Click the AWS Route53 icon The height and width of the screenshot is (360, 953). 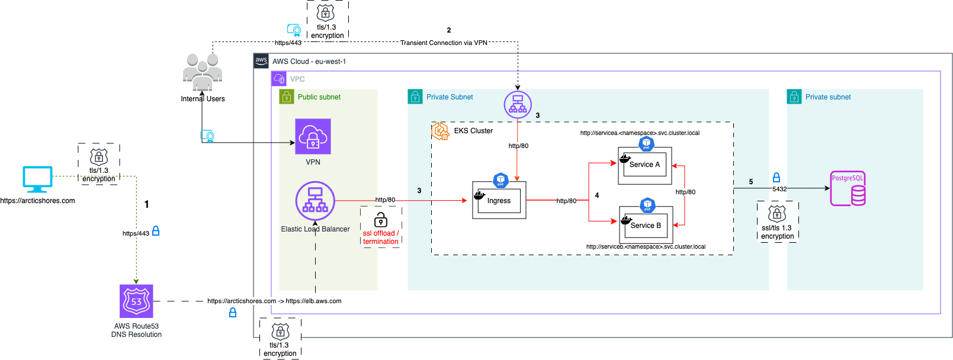click(x=136, y=301)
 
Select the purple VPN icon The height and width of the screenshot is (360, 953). click(x=313, y=136)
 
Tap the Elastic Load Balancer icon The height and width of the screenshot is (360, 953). click(x=315, y=201)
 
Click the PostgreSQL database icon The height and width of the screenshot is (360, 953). click(x=848, y=189)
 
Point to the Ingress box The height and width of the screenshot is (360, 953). click(x=499, y=201)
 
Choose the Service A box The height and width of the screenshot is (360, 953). click(x=644, y=165)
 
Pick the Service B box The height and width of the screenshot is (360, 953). click(x=646, y=225)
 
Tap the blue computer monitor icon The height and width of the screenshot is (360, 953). click(x=37, y=179)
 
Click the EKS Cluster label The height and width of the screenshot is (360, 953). click(x=473, y=131)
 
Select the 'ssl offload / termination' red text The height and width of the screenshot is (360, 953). click(x=381, y=237)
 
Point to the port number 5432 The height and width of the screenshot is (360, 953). click(x=779, y=189)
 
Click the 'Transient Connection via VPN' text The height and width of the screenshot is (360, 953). click(x=444, y=43)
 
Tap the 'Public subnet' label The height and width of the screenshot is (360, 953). click(x=319, y=97)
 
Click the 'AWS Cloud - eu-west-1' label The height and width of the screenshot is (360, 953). click(x=309, y=62)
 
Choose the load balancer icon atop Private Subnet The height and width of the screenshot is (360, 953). click(x=518, y=104)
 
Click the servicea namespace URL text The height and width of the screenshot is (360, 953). click(x=640, y=133)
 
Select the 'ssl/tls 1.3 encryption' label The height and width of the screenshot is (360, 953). click(x=777, y=232)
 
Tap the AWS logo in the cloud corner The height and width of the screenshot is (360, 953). click(x=261, y=61)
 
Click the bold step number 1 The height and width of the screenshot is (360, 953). click(x=147, y=204)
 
